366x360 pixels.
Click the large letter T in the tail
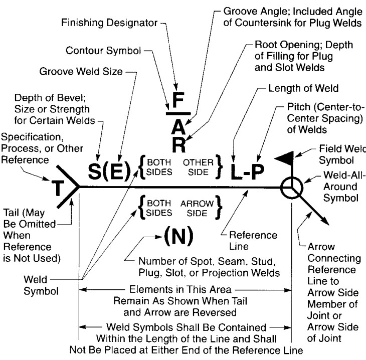(58, 188)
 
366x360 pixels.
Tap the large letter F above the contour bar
(178, 100)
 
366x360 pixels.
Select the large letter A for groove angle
(178, 127)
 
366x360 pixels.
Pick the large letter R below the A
(179, 145)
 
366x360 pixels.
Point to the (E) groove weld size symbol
(117, 171)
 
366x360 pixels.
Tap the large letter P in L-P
(258, 171)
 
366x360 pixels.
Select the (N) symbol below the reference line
(179, 236)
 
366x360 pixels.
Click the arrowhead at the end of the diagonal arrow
(325, 221)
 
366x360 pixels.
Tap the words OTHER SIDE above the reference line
(198, 167)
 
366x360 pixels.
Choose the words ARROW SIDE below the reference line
(197, 208)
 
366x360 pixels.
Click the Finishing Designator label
(109, 23)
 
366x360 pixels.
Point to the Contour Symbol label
(103, 51)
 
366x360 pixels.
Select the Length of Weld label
(303, 88)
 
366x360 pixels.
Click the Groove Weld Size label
(81, 71)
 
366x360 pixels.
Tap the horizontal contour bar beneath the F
(178, 114)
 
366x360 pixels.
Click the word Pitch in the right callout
(299, 107)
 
